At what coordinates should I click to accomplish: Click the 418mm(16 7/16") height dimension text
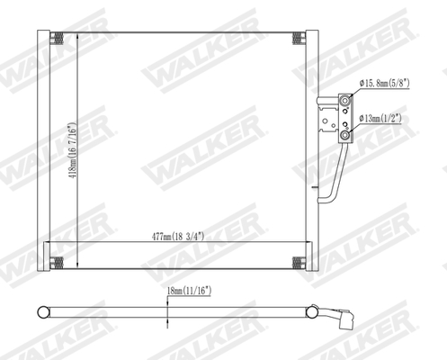[72, 150]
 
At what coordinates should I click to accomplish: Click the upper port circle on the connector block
[344, 100]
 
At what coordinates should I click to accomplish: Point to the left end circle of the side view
[42, 312]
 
